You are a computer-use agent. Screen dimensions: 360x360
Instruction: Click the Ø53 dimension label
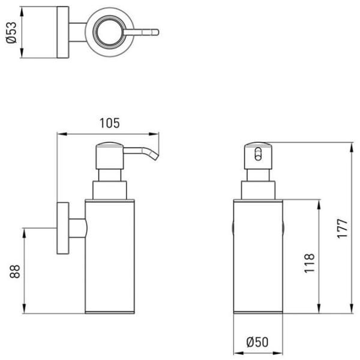11,32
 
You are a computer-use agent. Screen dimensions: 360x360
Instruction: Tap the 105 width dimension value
110,123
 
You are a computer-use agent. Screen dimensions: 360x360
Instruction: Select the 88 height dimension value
15,271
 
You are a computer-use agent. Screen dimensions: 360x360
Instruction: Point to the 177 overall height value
343,229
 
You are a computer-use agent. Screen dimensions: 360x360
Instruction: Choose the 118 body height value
309,263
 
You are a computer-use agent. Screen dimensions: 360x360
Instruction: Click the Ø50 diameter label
257,342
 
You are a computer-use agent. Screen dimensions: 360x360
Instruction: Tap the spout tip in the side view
155,157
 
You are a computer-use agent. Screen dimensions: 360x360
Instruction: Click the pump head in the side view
110,155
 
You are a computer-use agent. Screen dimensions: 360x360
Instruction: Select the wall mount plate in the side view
62,228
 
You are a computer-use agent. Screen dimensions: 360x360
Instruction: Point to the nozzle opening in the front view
258,154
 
